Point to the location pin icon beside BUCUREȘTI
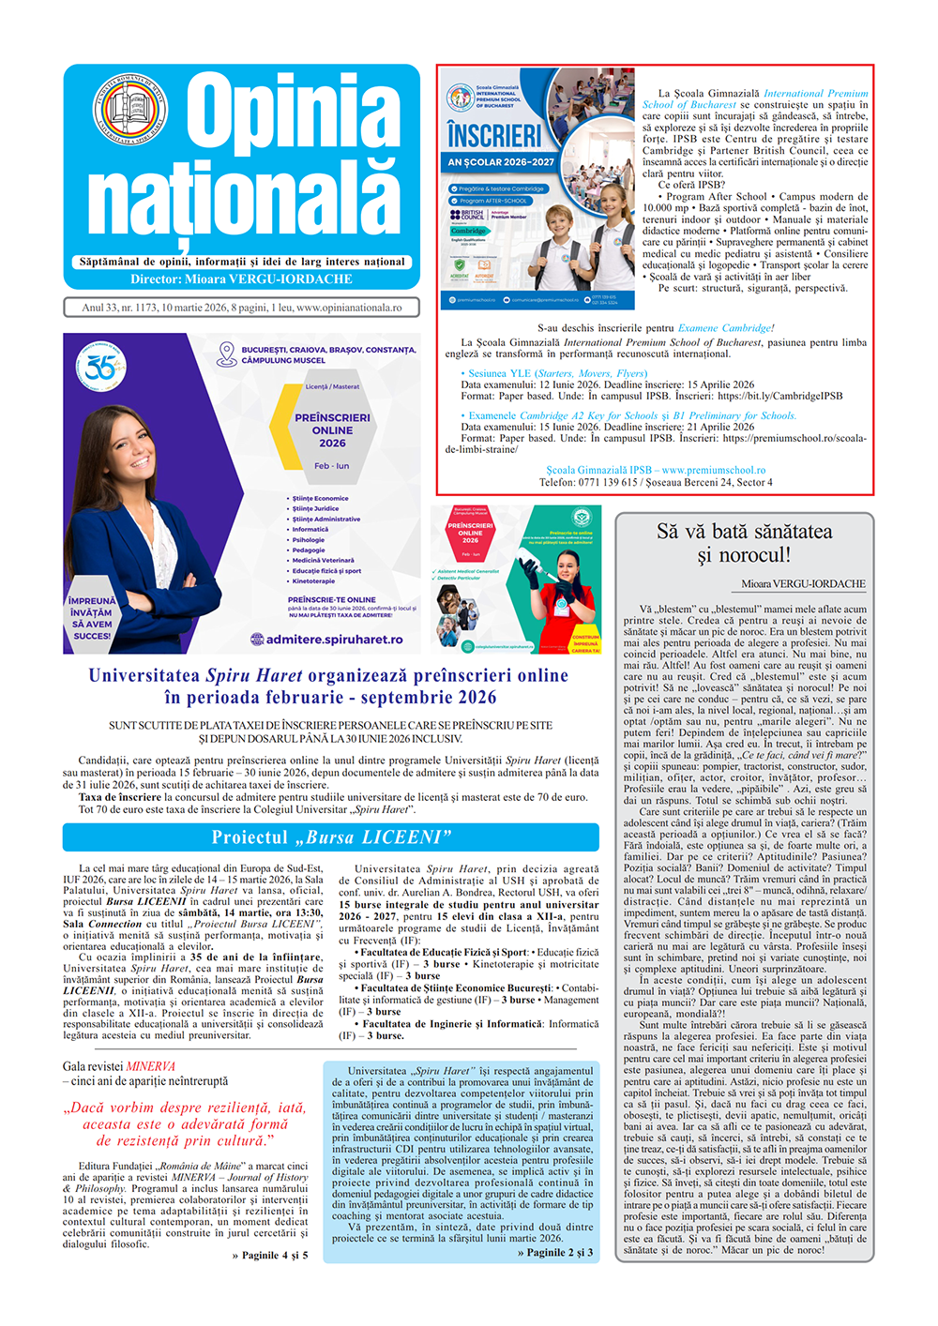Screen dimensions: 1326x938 tap(226, 354)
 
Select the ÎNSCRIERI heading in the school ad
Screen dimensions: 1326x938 tap(494, 136)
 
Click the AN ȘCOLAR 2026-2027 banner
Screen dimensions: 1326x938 tap(501, 162)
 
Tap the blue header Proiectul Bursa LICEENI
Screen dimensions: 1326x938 tap(331, 837)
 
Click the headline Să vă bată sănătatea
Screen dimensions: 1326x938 tap(744, 532)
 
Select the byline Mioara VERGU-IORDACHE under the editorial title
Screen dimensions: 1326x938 tap(803, 584)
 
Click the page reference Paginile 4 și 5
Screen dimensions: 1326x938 tap(270, 1255)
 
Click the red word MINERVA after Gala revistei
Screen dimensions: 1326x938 tap(151, 1067)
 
